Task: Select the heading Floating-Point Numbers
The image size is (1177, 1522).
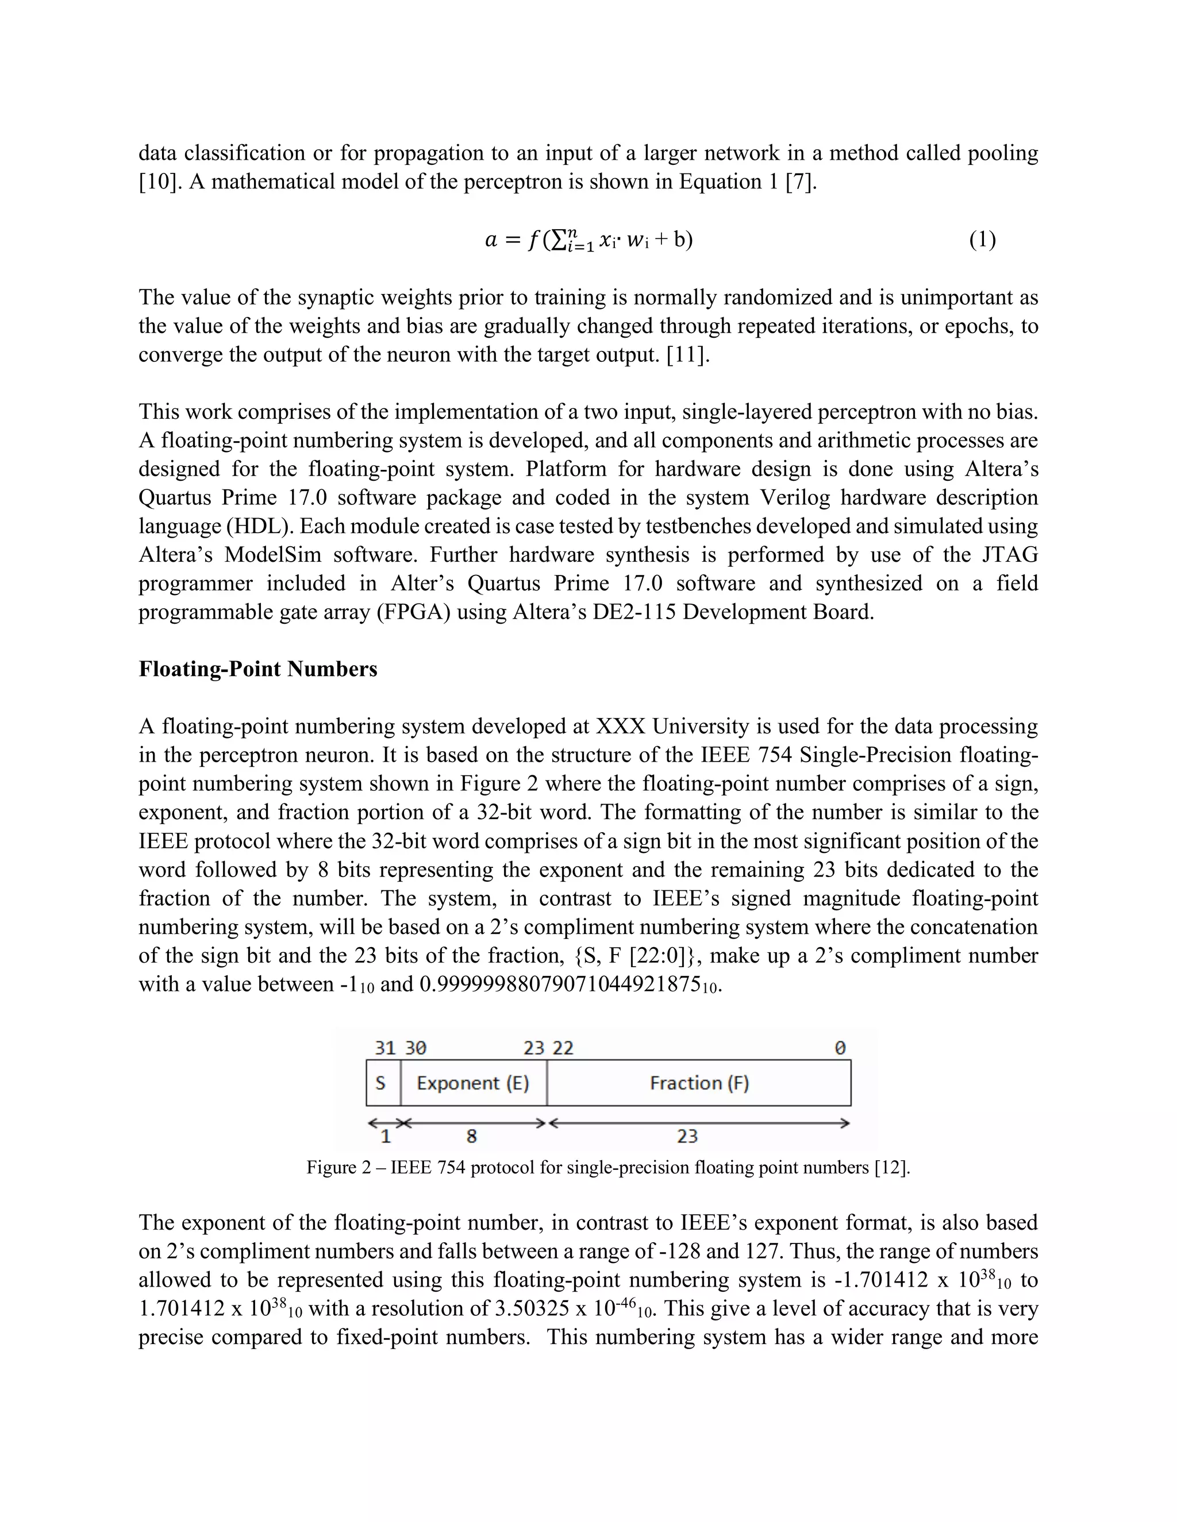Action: tap(258, 669)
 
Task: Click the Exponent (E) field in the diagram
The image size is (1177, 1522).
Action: tap(473, 1083)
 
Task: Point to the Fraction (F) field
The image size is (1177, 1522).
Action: tap(699, 1083)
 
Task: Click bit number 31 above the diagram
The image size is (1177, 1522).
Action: tap(385, 1048)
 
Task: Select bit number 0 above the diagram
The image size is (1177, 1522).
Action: tap(840, 1048)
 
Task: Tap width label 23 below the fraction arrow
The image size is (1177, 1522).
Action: tap(687, 1137)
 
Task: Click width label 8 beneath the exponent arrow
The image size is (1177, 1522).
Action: tap(471, 1137)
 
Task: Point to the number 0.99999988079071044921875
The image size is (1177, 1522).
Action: tap(560, 984)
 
